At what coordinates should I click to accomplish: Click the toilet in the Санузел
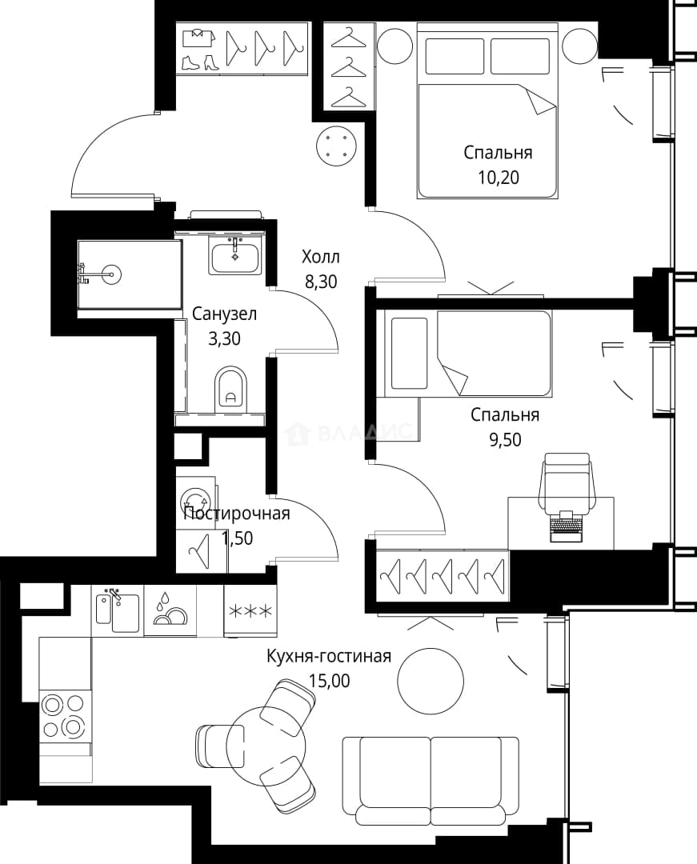point(231,388)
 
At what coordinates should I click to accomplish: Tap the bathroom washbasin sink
point(235,257)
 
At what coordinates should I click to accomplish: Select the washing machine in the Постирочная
point(195,502)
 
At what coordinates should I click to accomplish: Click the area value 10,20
point(499,178)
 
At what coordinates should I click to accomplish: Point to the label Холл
point(321,257)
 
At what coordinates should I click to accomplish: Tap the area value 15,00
point(329,681)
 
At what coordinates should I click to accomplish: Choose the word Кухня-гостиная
point(329,656)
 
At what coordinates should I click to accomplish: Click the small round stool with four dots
point(336,146)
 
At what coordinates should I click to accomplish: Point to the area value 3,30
point(224,338)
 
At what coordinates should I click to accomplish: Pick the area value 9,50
point(505,440)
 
